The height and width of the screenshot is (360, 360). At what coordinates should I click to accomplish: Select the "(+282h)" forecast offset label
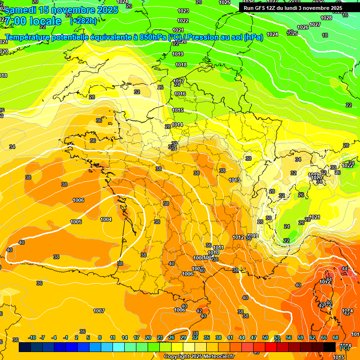pyautogui.click(x=83, y=21)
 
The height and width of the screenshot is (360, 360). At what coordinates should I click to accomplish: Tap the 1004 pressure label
pyautogui.click(x=106, y=219)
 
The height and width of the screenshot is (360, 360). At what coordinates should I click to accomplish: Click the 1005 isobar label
pyautogui.click(x=76, y=222)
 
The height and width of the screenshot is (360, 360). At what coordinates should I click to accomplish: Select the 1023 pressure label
pyautogui.click(x=183, y=11)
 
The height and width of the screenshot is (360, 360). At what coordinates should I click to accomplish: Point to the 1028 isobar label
pyautogui.click(x=326, y=18)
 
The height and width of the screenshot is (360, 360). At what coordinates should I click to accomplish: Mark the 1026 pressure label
pyautogui.click(x=303, y=27)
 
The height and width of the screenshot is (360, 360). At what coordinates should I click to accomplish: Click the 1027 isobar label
pyautogui.click(x=315, y=24)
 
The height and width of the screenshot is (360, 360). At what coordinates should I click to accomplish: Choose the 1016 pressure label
pyautogui.click(x=180, y=94)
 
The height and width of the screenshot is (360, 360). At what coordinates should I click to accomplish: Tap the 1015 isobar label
pyautogui.click(x=178, y=110)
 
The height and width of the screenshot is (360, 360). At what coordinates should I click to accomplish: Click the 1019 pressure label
pyautogui.click(x=178, y=54)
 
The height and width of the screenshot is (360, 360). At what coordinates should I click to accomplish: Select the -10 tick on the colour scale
pyautogui.click(x=32, y=337)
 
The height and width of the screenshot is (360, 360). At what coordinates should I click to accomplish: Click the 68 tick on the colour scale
pyautogui.click(x=335, y=337)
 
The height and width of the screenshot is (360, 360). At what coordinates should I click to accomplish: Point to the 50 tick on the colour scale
pyautogui.click(x=265, y=337)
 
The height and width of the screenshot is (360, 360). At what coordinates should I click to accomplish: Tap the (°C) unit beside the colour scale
pyautogui.click(x=344, y=348)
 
